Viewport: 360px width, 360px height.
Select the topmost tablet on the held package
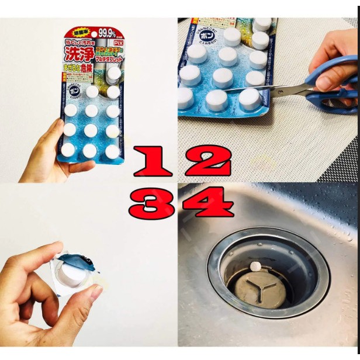113,73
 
